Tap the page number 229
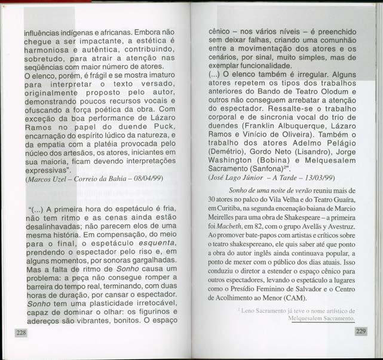(360, 331)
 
